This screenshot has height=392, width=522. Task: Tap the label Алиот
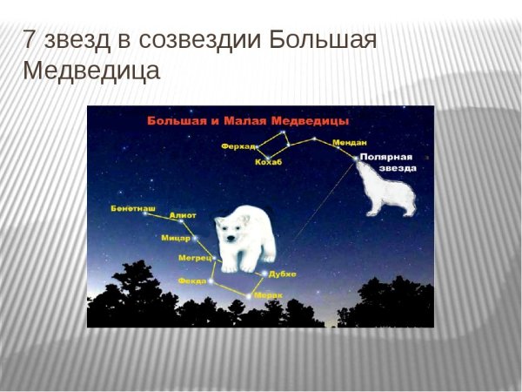(x=184, y=214)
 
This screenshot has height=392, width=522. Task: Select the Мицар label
(x=176, y=237)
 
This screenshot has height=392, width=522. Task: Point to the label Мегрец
(x=195, y=259)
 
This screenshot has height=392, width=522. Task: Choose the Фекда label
(x=191, y=280)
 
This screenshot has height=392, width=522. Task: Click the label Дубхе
(x=282, y=274)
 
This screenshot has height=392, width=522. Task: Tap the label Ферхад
(x=238, y=145)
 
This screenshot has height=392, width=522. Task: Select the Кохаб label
(x=268, y=162)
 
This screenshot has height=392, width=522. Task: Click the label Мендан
(x=349, y=142)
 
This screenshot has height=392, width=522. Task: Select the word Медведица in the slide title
(x=91, y=71)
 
